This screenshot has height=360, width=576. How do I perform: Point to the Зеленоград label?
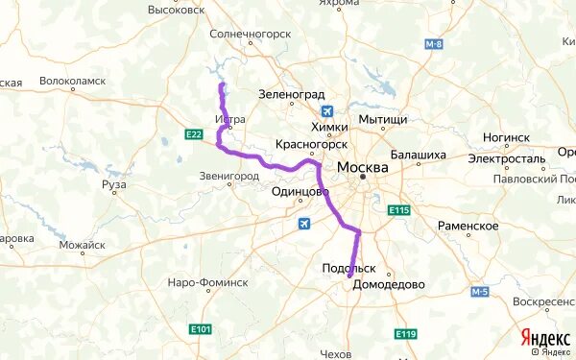point(288,94)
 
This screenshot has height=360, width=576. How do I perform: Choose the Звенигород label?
point(229,178)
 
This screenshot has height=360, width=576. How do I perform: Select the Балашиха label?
point(419,155)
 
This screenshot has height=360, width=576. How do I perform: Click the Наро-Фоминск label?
point(207,283)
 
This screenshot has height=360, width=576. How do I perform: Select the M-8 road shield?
point(434,44)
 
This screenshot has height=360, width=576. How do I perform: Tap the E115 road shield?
point(399,210)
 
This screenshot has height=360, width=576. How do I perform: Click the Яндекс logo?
point(544,338)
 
